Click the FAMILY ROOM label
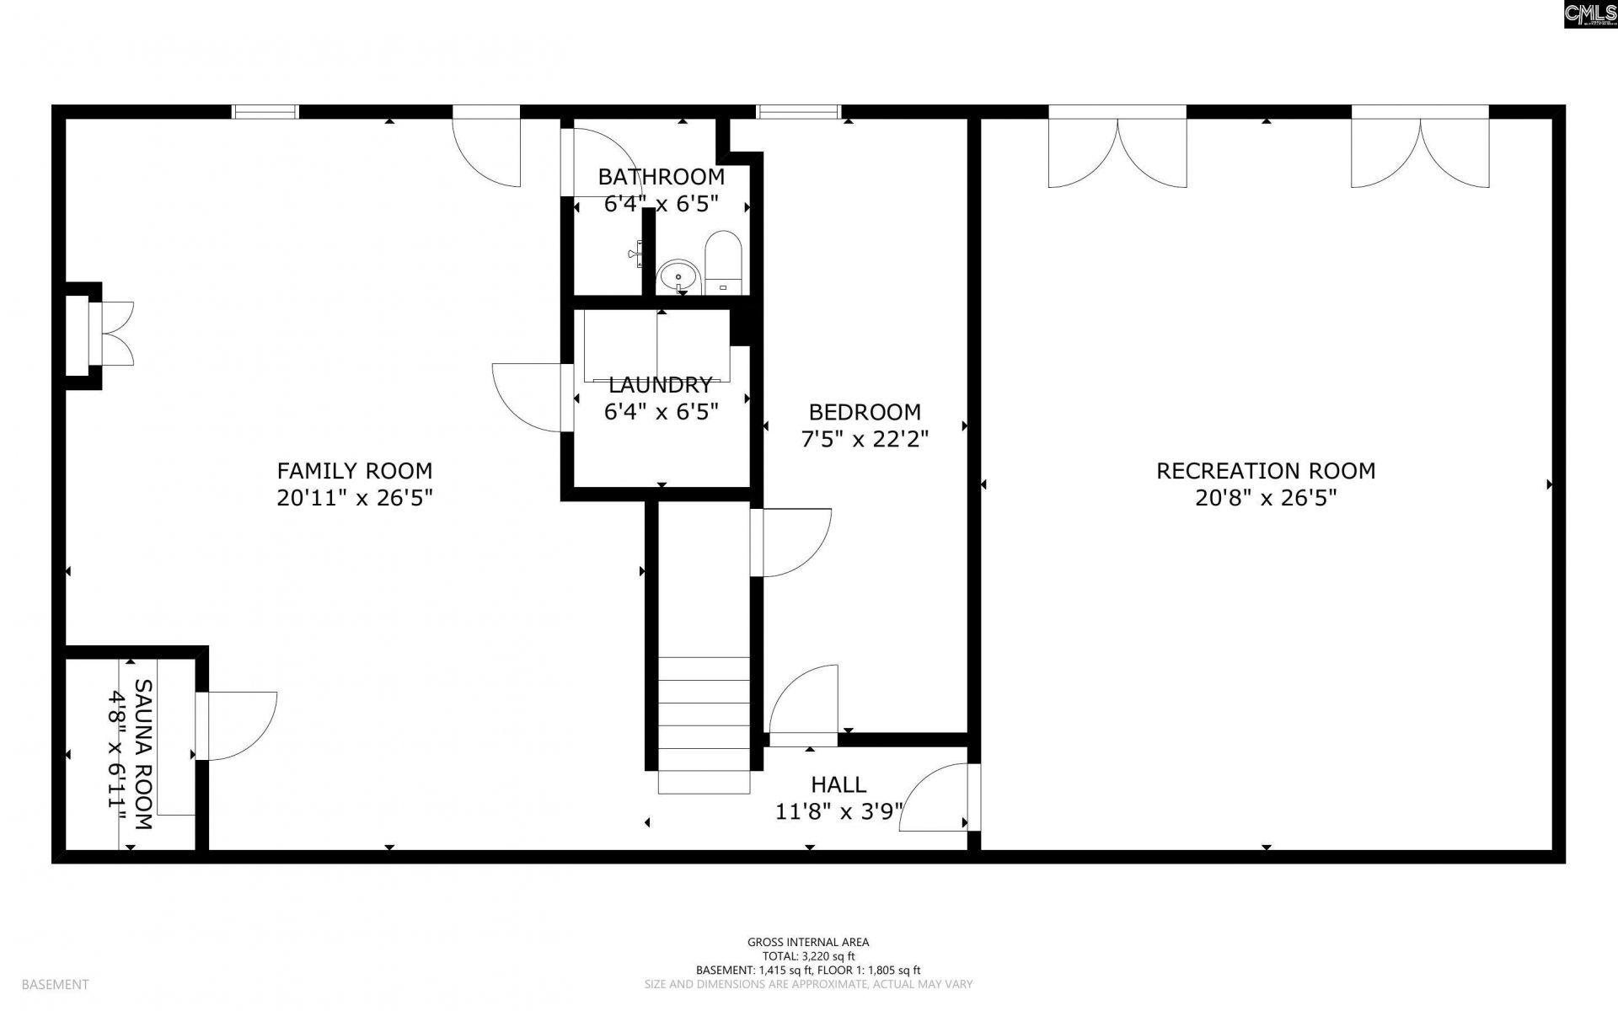point(354,470)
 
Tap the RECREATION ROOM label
point(1265,470)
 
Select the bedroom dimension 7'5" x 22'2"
point(864,439)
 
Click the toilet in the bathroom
point(722,261)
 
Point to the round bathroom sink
point(678,276)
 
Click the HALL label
point(838,784)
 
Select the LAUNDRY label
point(660,385)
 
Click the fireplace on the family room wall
point(99,334)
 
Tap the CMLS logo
point(1590,14)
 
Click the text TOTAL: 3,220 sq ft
point(808,956)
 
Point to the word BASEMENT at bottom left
point(55,984)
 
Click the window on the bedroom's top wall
point(799,111)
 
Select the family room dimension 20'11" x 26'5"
point(354,498)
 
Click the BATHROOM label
point(661,177)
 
